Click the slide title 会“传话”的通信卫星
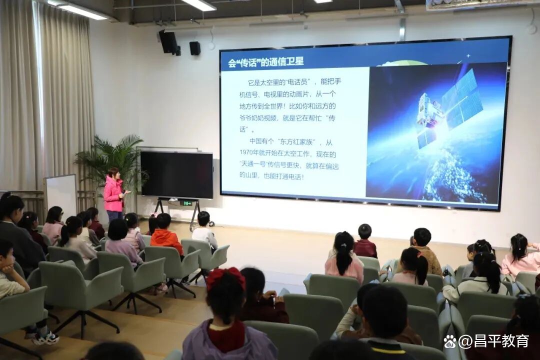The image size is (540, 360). (265, 62)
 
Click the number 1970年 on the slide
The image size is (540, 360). (248, 153)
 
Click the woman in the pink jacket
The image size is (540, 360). (114, 194)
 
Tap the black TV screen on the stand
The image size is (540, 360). (176, 175)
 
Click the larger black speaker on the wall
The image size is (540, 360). (168, 42)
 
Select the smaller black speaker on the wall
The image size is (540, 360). (195, 48)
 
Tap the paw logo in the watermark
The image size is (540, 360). (450, 341)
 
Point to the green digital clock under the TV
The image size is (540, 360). (187, 203)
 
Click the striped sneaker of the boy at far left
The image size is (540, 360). (45, 338)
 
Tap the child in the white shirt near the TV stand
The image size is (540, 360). (204, 231)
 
